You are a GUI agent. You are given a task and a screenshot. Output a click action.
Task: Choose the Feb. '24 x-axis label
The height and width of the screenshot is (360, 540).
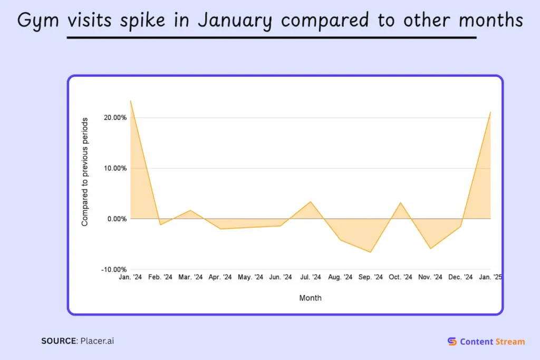(160, 277)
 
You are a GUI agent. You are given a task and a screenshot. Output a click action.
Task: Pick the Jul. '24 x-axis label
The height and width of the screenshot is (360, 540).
(310, 277)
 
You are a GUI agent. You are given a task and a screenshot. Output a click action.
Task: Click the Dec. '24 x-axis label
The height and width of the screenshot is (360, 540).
(460, 277)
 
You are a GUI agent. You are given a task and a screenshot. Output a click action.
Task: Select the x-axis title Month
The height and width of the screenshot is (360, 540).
(310, 298)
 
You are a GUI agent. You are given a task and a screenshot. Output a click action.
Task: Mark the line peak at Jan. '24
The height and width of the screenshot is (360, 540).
(130, 100)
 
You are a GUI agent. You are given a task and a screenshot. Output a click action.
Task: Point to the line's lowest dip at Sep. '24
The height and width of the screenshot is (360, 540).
(371, 252)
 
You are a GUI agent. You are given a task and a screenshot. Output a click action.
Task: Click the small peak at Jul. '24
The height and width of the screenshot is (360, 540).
(311, 201)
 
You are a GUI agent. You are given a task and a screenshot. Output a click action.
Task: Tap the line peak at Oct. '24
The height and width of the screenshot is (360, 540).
(401, 202)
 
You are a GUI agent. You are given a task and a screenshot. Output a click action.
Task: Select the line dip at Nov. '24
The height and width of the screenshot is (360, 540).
(431, 248)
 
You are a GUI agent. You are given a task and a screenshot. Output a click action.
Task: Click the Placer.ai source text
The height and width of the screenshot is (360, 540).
(97, 341)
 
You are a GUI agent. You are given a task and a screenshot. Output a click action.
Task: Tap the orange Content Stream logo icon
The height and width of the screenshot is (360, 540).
(452, 342)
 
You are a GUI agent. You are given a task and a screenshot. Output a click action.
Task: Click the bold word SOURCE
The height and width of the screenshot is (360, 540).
(59, 341)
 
